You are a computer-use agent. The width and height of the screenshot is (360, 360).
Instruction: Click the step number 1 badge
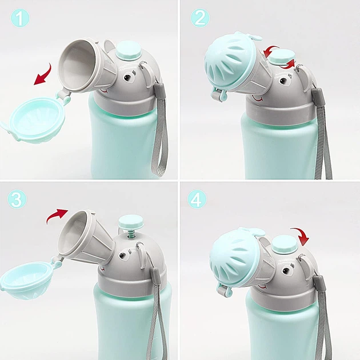coord(20,18)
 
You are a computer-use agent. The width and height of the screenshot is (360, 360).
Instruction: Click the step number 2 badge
coord(200,18)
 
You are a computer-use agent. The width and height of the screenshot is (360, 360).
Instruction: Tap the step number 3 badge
coord(17,199)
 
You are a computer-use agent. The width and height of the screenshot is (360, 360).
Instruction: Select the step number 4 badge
coord(197,199)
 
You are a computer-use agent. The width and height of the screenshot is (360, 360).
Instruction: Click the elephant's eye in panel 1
coord(127,77)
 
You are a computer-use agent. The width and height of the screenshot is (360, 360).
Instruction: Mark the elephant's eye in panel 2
coord(283,81)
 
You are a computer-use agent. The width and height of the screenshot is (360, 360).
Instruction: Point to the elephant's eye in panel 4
coord(286,270)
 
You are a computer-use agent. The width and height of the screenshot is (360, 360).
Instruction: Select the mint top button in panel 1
coord(128,51)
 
